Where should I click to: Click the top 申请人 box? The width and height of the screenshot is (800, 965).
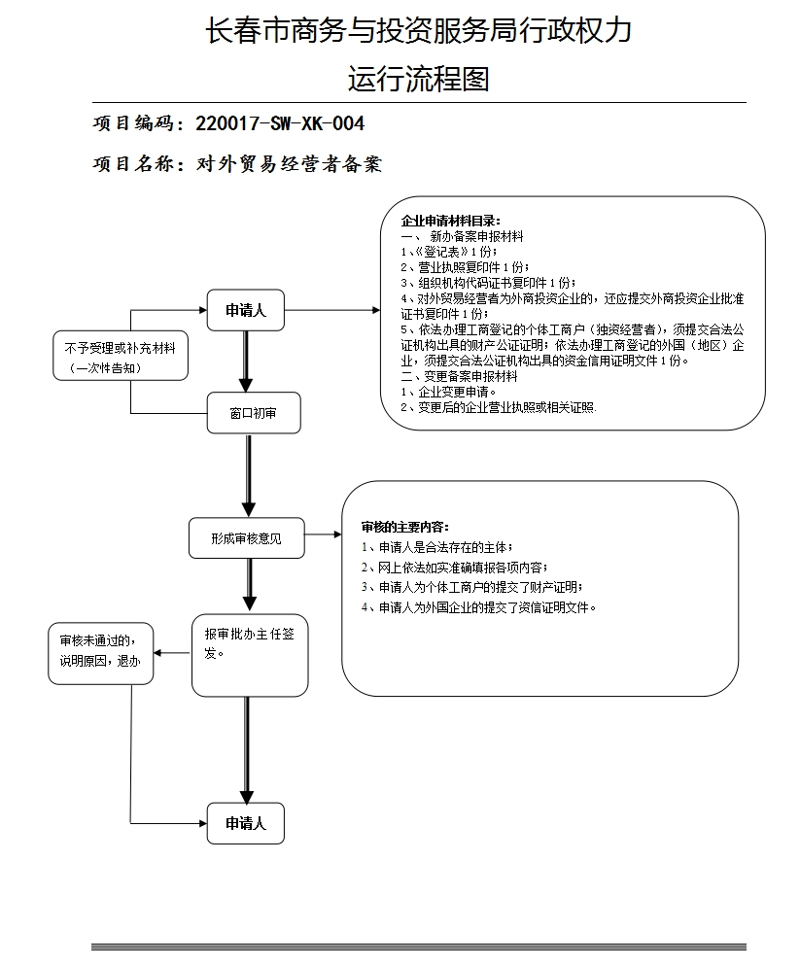(246, 311)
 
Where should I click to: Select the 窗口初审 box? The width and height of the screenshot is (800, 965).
(253, 413)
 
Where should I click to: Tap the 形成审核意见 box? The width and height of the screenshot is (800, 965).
(246, 537)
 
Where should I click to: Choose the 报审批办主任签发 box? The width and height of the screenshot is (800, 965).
(250, 654)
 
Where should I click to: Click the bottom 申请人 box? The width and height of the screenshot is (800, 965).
(246, 823)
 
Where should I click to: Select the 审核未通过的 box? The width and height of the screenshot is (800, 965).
(101, 652)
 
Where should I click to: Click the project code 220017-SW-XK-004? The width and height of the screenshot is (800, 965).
(280, 123)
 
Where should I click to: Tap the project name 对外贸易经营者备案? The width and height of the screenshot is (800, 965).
(289, 164)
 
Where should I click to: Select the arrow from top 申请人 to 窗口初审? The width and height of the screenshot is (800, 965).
(246, 361)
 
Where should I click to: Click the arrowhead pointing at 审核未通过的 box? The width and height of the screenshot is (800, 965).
(159, 652)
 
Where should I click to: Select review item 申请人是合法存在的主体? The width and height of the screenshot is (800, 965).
(436, 548)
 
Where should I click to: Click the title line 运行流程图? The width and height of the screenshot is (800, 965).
(418, 78)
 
